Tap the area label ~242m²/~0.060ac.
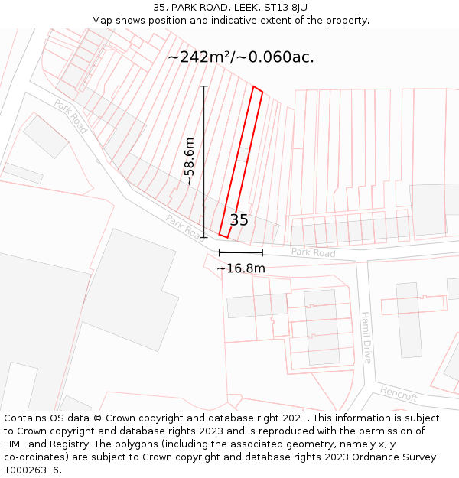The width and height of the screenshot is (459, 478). (x=241, y=57)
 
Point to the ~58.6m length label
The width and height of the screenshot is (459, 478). (x=189, y=161)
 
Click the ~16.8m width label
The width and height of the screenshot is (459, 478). (x=240, y=268)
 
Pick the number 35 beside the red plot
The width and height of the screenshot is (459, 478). (x=239, y=220)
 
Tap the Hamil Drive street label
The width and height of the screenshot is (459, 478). (x=366, y=337)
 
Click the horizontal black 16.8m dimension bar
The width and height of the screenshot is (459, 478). (x=240, y=252)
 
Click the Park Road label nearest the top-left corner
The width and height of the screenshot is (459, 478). (x=70, y=116)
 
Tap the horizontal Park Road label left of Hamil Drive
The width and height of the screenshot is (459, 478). (x=313, y=252)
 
